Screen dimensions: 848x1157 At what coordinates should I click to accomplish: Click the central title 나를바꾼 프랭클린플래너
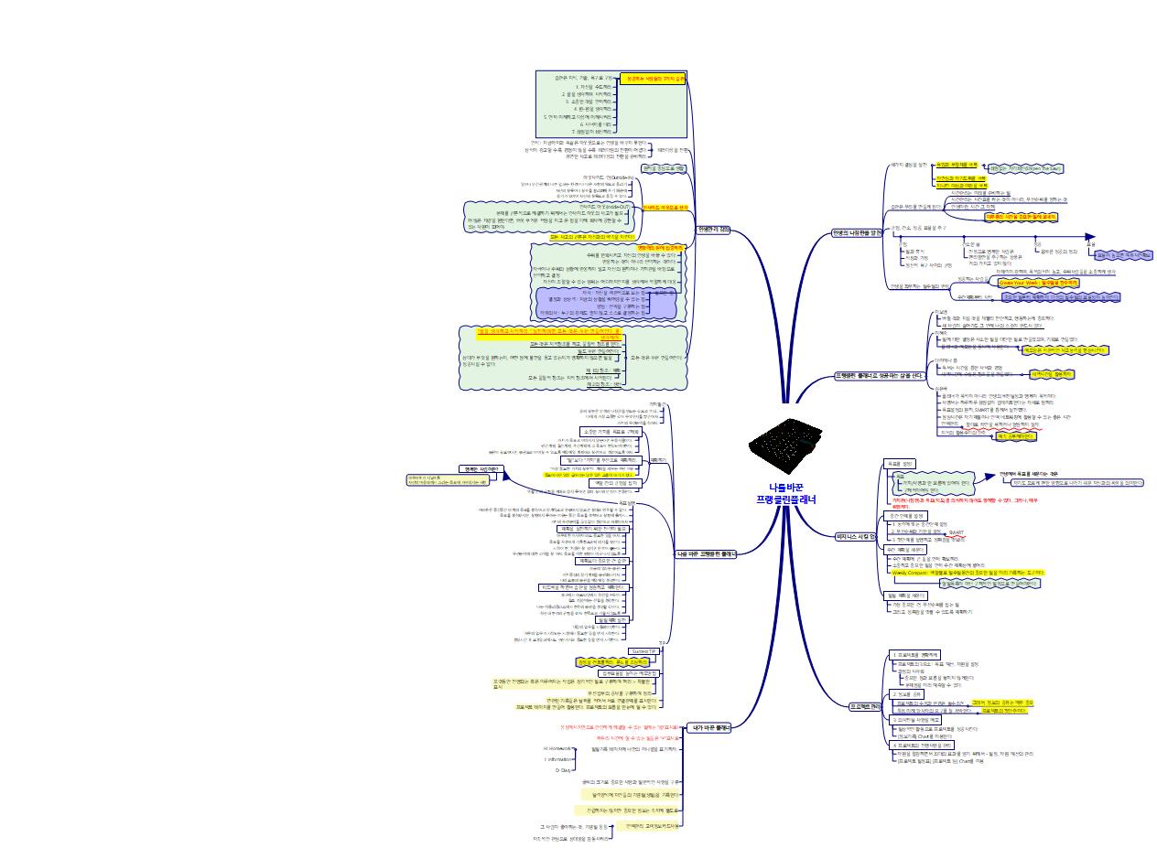pos(785,493)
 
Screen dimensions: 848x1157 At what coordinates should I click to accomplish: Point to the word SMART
pos(956,531)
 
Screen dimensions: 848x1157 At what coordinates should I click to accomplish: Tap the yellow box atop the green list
pos(652,80)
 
